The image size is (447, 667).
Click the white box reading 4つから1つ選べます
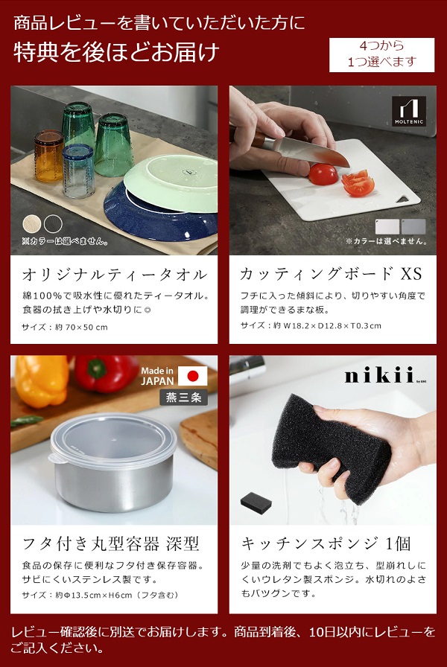coord(381,55)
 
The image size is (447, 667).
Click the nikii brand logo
coord(378,377)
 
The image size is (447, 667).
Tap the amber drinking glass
coord(48,154)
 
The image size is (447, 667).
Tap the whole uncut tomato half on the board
coord(323,174)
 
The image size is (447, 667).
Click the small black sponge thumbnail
coord(260,504)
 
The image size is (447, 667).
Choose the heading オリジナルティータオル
coord(114,275)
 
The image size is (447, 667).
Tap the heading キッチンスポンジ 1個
coord(326,543)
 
